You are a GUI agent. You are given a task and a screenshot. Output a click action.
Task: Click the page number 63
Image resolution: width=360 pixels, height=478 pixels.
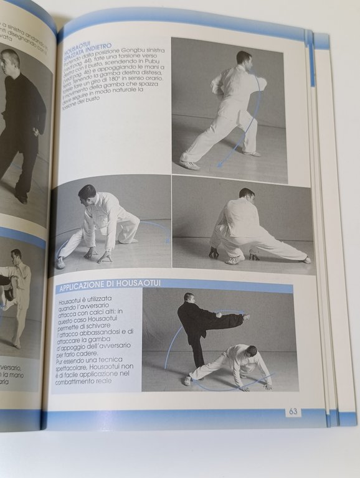[x=292, y=411]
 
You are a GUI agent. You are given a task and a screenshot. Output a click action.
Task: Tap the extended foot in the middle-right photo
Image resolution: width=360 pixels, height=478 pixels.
[x=306, y=260]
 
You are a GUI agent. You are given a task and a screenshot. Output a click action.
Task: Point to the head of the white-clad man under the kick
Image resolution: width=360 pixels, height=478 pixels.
[x=250, y=352]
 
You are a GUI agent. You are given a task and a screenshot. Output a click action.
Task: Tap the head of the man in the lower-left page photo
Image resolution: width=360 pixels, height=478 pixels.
[x=15, y=255]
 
